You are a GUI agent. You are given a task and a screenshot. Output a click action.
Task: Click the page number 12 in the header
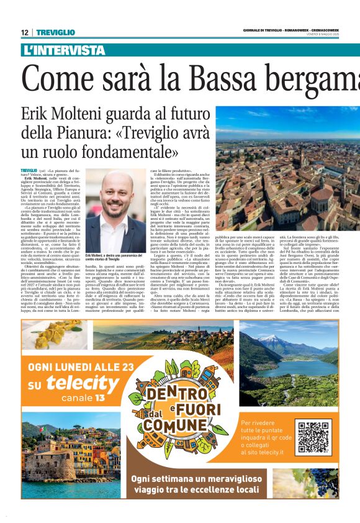25,32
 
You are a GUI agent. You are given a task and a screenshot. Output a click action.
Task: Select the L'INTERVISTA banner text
63,50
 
